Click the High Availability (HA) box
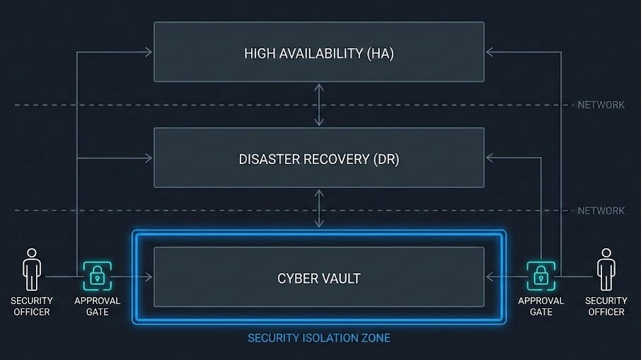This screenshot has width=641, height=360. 319,52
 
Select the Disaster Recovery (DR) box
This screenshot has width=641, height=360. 319,158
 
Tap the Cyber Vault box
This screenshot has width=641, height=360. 319,277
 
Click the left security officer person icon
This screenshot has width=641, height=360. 31,269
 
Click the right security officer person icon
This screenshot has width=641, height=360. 606,269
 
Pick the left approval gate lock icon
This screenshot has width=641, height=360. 97,276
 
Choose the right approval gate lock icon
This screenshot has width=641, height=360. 541,276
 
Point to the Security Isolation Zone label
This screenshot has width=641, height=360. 318,337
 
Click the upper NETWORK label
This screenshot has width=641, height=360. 601,105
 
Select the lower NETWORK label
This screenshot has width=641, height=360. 601,211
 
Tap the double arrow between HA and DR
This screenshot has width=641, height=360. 320,105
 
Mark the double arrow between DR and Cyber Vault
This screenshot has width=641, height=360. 320,210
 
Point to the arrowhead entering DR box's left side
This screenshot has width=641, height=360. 149,158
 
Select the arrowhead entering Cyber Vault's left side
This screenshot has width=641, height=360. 149,277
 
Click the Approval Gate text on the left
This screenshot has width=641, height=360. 97,306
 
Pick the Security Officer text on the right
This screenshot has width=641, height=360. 606,306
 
